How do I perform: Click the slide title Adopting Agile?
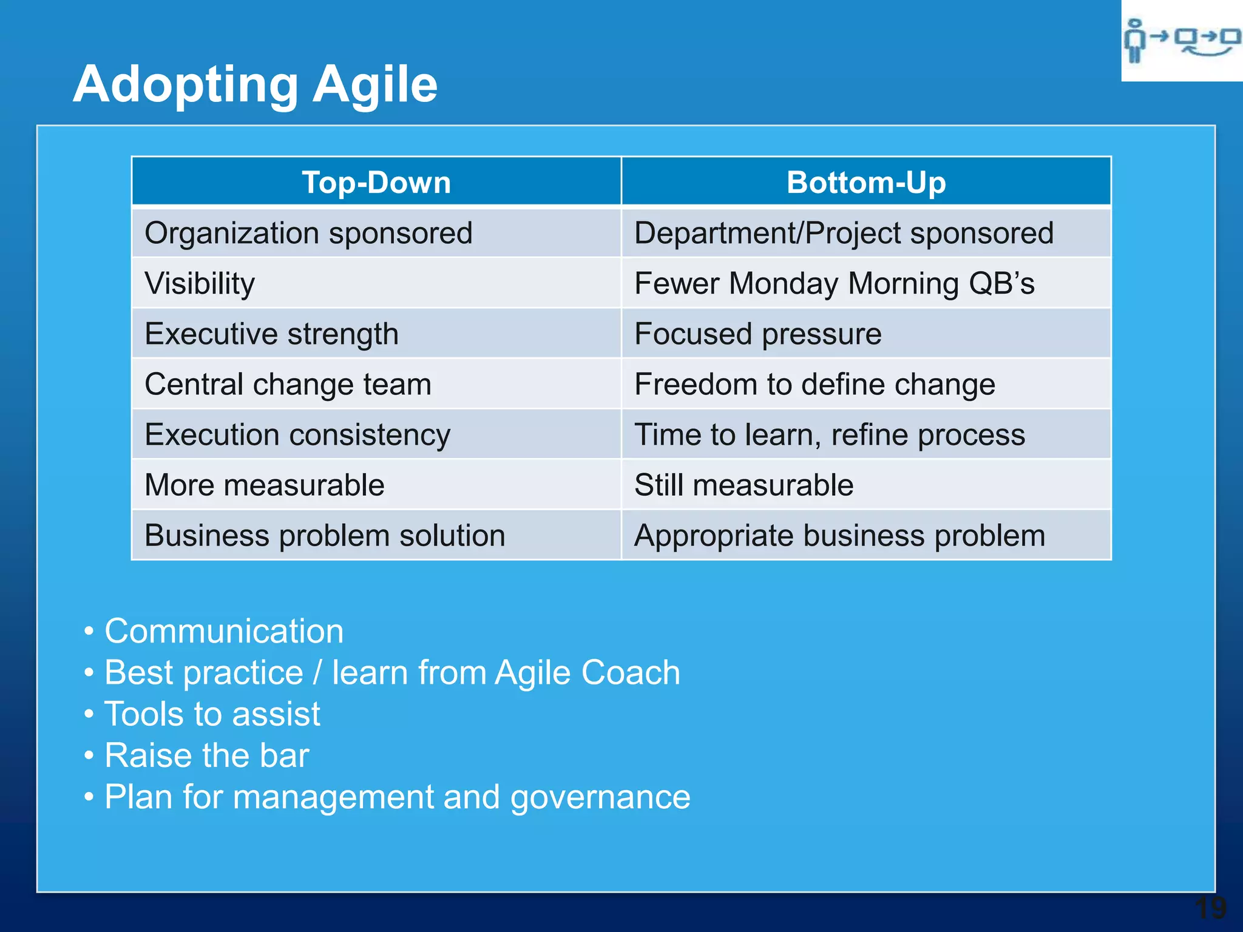(255, 85)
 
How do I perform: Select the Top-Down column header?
(376, 183)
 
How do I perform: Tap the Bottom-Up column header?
(866, 183)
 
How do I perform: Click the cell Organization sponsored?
(308, 234)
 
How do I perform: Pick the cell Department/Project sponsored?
(844, 234)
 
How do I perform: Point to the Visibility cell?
(200, 284)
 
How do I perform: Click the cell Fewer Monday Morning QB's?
(834, 284)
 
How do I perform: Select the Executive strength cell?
(271, 334)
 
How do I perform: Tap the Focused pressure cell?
(757, 334)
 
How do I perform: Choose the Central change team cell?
(288, 385)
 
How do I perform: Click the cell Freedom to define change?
(815, 385)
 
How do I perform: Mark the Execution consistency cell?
(297, 435)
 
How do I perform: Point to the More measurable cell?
(265, 485)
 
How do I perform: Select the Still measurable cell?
(743, 485)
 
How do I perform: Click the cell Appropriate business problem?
(839, 536)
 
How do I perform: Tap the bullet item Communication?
(224, 631)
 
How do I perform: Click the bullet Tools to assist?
(212, 714)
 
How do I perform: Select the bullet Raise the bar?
(206, 755)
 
